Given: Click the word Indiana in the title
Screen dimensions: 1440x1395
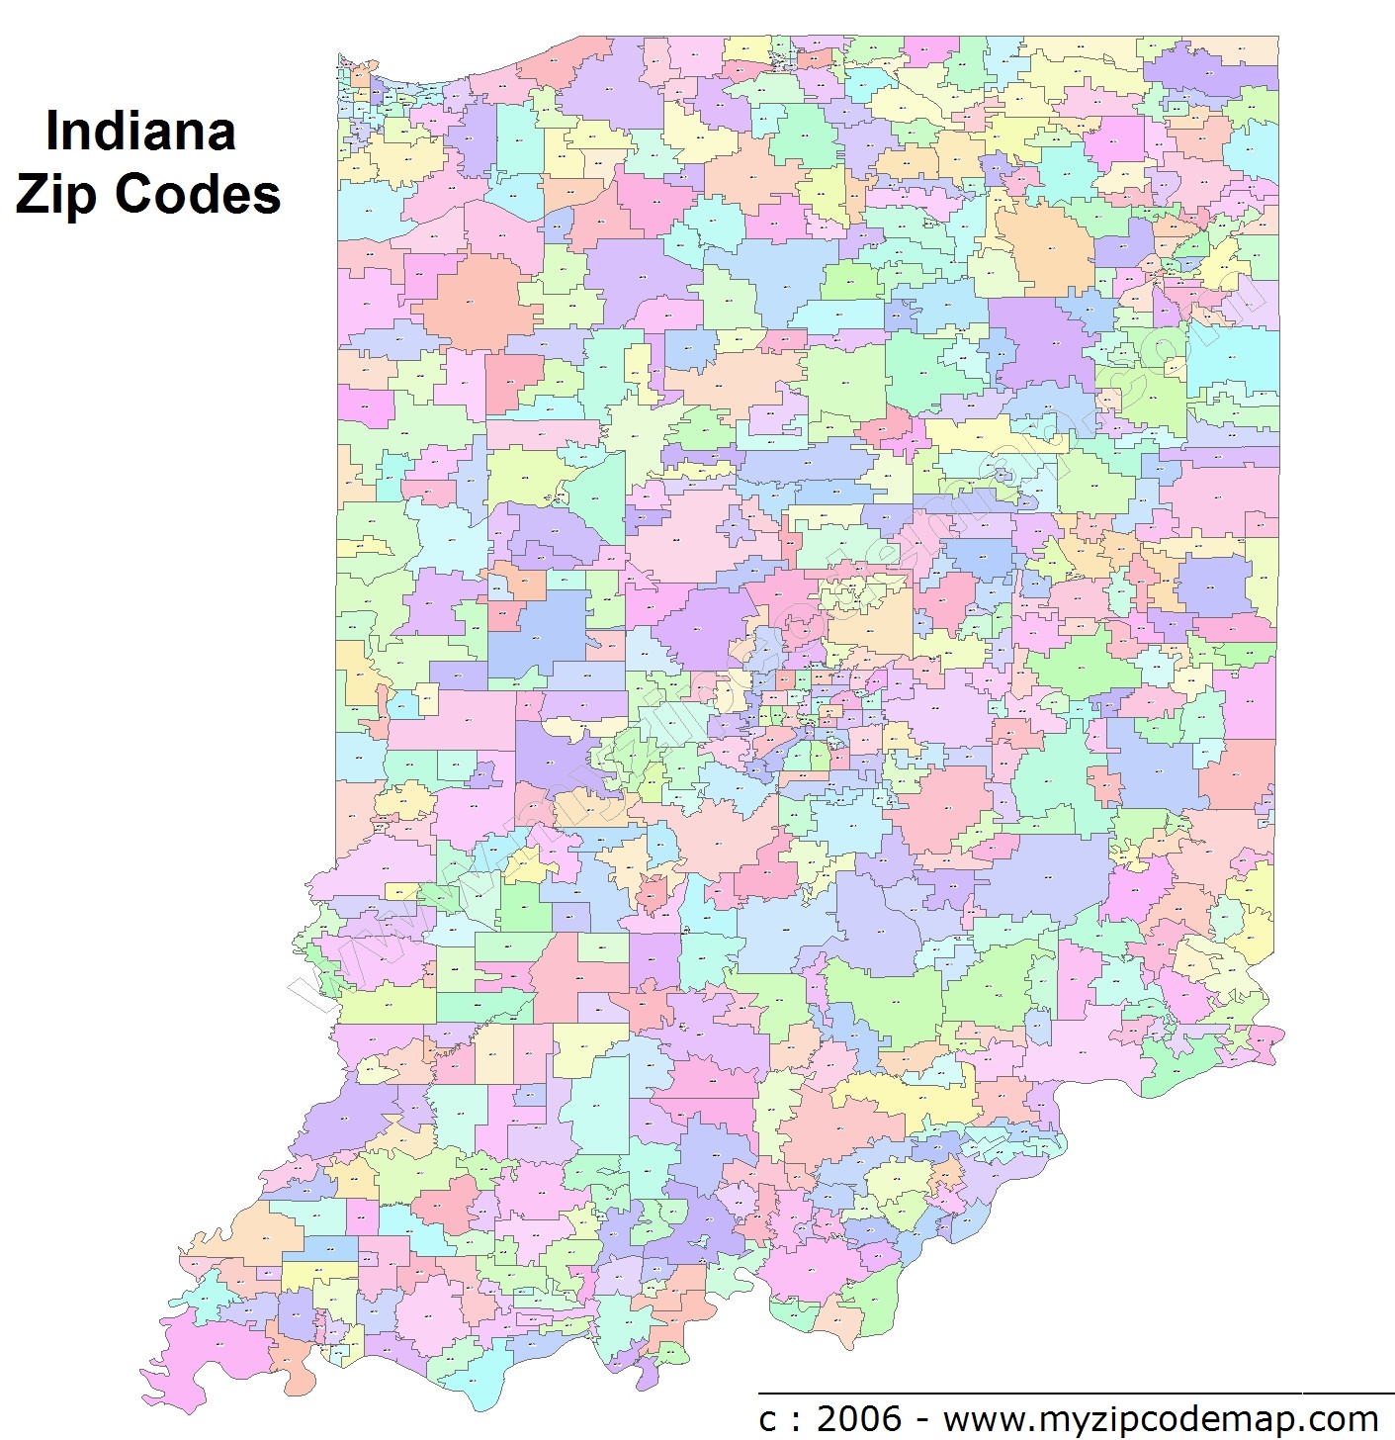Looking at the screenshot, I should click(140, 131).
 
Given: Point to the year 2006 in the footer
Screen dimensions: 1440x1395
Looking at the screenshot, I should click(859, 1419).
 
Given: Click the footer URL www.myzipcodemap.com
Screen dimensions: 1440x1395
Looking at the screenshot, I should click(1161, 1419).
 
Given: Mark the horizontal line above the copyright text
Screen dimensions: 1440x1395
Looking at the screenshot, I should click(1076, 1393).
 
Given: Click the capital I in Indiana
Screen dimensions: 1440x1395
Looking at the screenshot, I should click(52, 131).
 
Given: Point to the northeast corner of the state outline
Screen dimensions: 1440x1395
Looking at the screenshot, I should click(1277, 38).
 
